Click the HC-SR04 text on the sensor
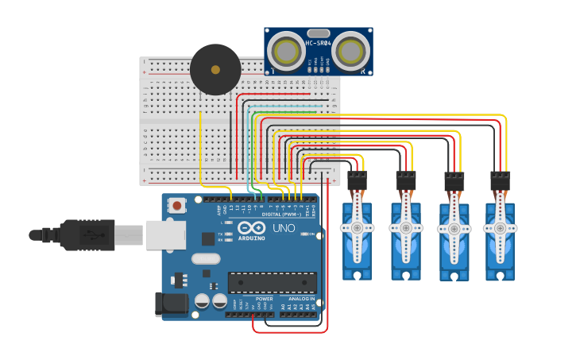tap(318, 43)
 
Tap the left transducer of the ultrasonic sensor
tap(284, 51)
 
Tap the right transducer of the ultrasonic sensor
tap(350, 51)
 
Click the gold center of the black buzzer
tap(215, 70)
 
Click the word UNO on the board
tap(284, 228)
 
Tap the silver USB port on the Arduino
tap(165, 235)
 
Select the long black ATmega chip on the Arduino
tap(272, 283)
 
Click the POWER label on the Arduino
tap(264, 299)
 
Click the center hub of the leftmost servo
tap(357, 227)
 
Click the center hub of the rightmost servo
tap(500, 227)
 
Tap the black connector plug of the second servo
tap(405, 181)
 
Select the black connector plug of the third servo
tap(454, 181)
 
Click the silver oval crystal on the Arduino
tap(205, 258)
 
